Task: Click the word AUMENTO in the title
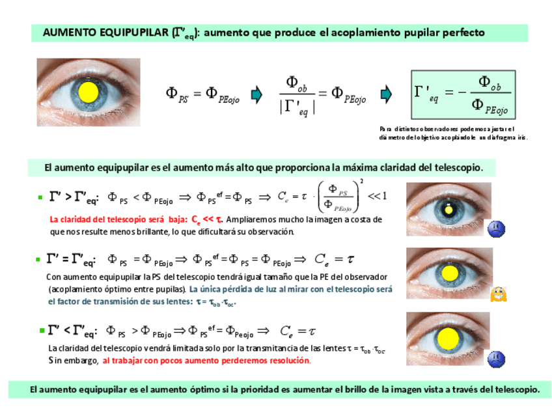click(x=68, y=33)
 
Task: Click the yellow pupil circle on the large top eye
click(x=88, y=92)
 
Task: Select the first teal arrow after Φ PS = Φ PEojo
click(x=256, y=95)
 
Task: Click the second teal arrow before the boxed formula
click(x=386, y=95)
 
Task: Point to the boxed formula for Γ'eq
click(x=463, y=95)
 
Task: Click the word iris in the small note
click(x=519, y=137)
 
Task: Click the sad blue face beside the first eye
click(x=496, y=228)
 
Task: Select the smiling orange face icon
click(x=498, y=294)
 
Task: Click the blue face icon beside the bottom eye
click(x=496, y=357)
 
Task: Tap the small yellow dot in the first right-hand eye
click(x=448, y=209)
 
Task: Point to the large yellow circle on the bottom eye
click(x=448, y=338)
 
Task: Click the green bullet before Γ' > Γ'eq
click(x=40, y=196)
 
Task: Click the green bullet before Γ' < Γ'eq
click(x=41, y=331)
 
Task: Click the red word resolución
click(x=288, y=360)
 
